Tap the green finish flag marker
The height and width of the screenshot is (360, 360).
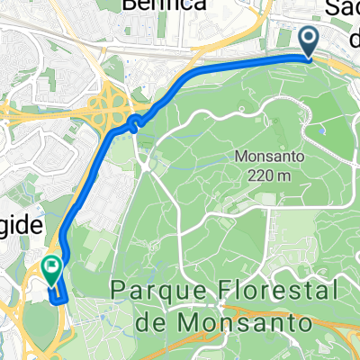point(51,267)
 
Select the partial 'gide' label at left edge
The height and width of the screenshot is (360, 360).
point(18,227)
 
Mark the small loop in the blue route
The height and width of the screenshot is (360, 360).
point(134,121)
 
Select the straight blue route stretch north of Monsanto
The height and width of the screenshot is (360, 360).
point(243,61)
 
